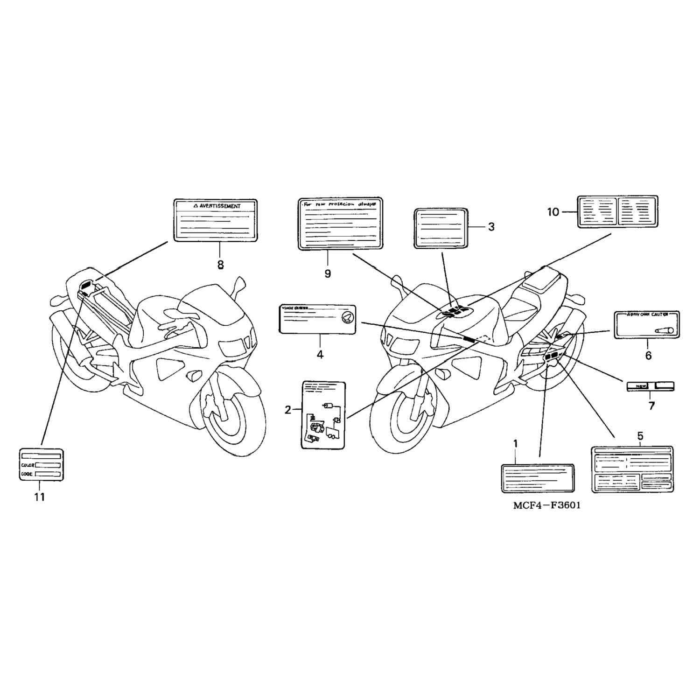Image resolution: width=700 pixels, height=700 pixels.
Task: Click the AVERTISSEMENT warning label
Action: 215,220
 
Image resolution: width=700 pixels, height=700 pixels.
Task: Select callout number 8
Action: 220,265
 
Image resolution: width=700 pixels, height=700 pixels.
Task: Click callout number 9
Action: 328,273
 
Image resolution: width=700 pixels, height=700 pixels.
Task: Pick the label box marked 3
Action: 441,228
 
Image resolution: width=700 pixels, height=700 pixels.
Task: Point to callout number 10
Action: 553,212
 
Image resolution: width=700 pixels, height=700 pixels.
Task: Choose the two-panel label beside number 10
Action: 617,211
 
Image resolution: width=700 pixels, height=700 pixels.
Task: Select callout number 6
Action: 648,356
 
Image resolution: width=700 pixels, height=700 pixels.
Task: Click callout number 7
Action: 651,406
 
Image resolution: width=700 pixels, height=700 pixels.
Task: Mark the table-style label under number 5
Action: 632,469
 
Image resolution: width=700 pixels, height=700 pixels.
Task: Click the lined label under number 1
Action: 537,478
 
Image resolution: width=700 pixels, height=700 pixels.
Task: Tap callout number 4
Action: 320,355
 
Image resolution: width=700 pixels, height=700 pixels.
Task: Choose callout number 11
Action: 40,497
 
